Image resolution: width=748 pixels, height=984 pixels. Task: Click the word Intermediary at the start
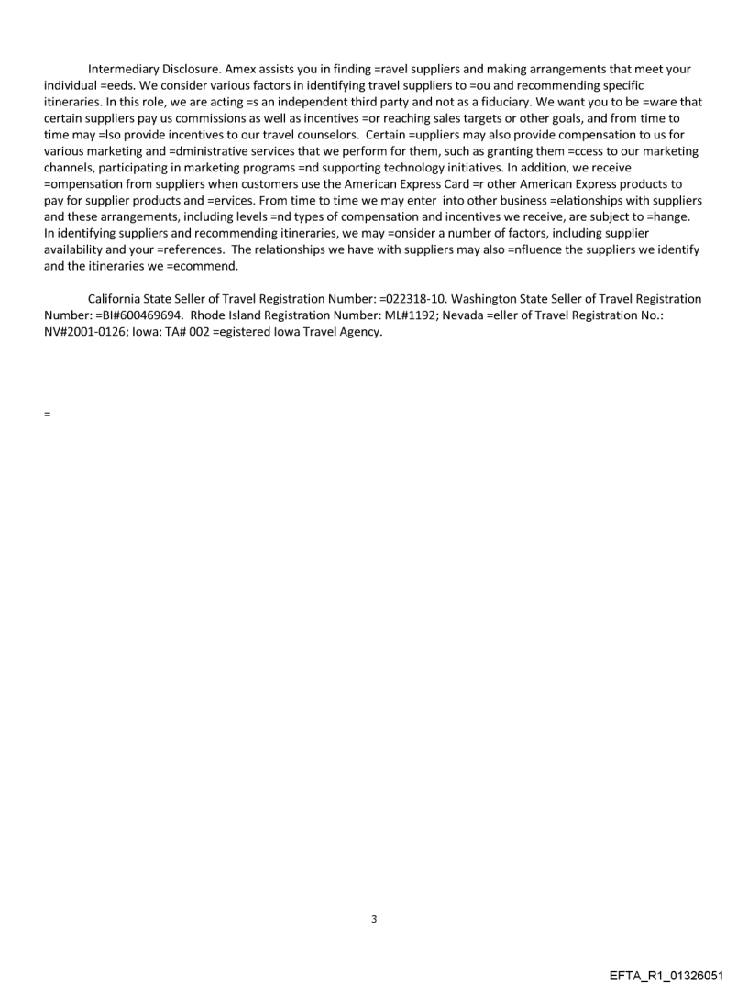click(x=124, y=69)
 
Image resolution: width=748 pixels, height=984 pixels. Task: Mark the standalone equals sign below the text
click(x=47, y=414)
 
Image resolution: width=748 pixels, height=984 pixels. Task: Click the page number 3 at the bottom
click(x=373, y=919)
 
